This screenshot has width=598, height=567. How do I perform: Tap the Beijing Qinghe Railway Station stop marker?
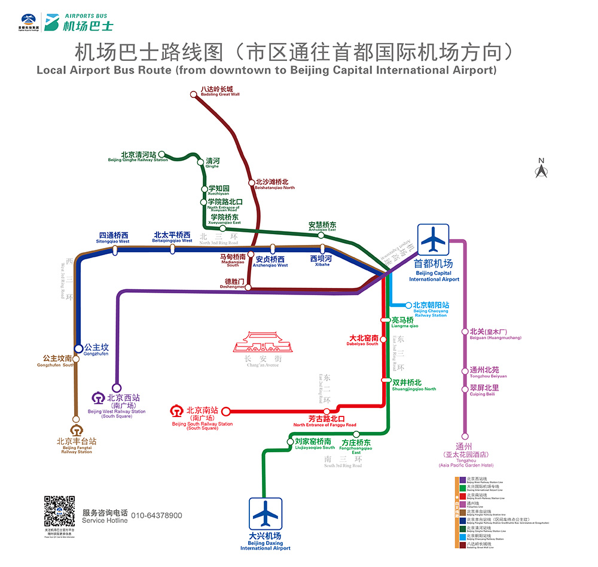[x=161, y=154]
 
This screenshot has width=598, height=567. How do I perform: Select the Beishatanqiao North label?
[x=274, y=184]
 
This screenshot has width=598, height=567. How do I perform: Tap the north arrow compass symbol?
[x=541, y=169]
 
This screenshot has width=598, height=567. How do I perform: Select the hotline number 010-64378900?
[x=156, y=516]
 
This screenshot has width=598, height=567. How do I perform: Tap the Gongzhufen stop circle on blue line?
[x=78, y=348]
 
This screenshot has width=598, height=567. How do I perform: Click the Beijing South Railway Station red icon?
[x=176, y=411]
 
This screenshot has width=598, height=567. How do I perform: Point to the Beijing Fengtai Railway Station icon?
[x=76, y=430]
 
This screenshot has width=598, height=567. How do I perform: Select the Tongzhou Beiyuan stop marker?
[x=464, y=370]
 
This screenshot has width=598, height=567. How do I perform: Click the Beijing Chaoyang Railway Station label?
[x=431, y=308]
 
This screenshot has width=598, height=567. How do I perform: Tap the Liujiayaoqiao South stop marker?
[x=289, y=442]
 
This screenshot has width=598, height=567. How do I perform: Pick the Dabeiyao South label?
[x=364, y=340]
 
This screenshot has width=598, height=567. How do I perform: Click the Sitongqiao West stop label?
[x=113, y=237]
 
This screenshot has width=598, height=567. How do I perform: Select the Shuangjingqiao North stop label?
[x=414, y=385]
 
